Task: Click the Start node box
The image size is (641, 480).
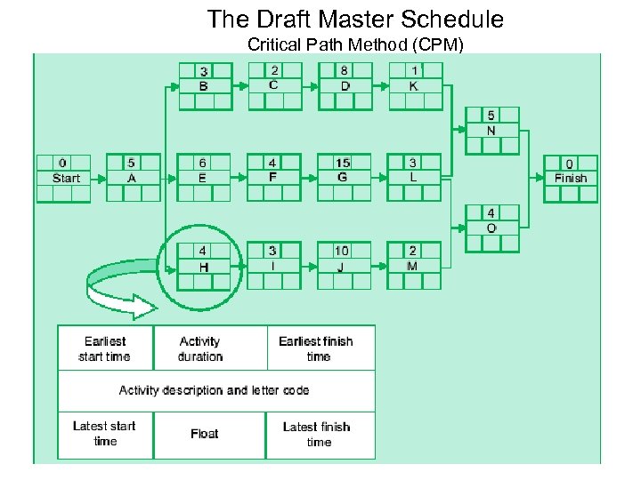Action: click(x=63, y=178)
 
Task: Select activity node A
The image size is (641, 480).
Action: click(x=133, y=178)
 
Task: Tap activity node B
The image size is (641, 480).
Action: click(x=204, y=86)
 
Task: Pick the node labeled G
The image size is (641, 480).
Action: click(x=343, y=178)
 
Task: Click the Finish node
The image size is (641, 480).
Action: click(x=571, y=179)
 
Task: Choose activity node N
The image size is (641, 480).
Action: click(x=491, y=131)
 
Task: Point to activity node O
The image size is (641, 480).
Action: click(x=491, y=228)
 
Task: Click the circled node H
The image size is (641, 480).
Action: click(x=204, y=266)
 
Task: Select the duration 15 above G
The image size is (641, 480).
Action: click(x=343, y=163)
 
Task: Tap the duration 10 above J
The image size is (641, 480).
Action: click(x=343, y=252)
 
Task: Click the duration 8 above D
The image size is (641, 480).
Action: click(x=344, y=70)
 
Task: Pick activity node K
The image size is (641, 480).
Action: click(x=414, y=86)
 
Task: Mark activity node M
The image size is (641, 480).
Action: click(x=413, y=266)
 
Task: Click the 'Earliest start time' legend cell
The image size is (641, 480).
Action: click(x=105, y=348)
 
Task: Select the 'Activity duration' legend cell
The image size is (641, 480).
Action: click(x=200, y=348)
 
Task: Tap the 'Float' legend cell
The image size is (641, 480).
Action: click(x=204, y=434)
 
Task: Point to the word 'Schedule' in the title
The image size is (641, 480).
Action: click(x=453, y=19)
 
